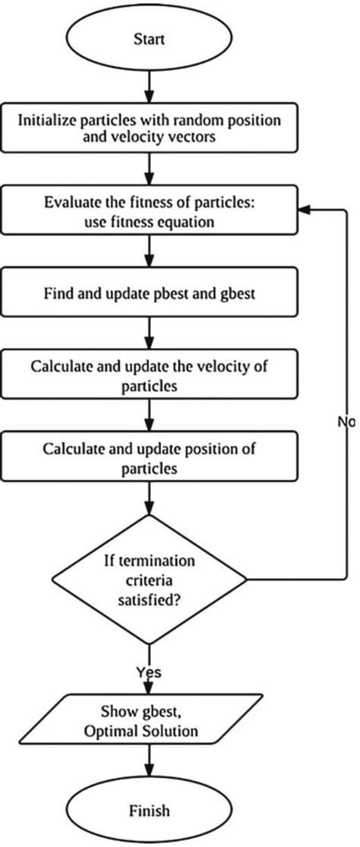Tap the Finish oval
[x=151, y=809]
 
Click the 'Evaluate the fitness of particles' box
[x=151, y=212]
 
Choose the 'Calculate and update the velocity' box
[x=151, y=375]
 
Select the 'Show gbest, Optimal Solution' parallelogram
[x=151, y=721]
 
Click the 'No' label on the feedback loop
[x=346, y=420]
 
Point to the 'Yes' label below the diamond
[x=150, y=672]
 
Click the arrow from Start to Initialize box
[x=151, y=88]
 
